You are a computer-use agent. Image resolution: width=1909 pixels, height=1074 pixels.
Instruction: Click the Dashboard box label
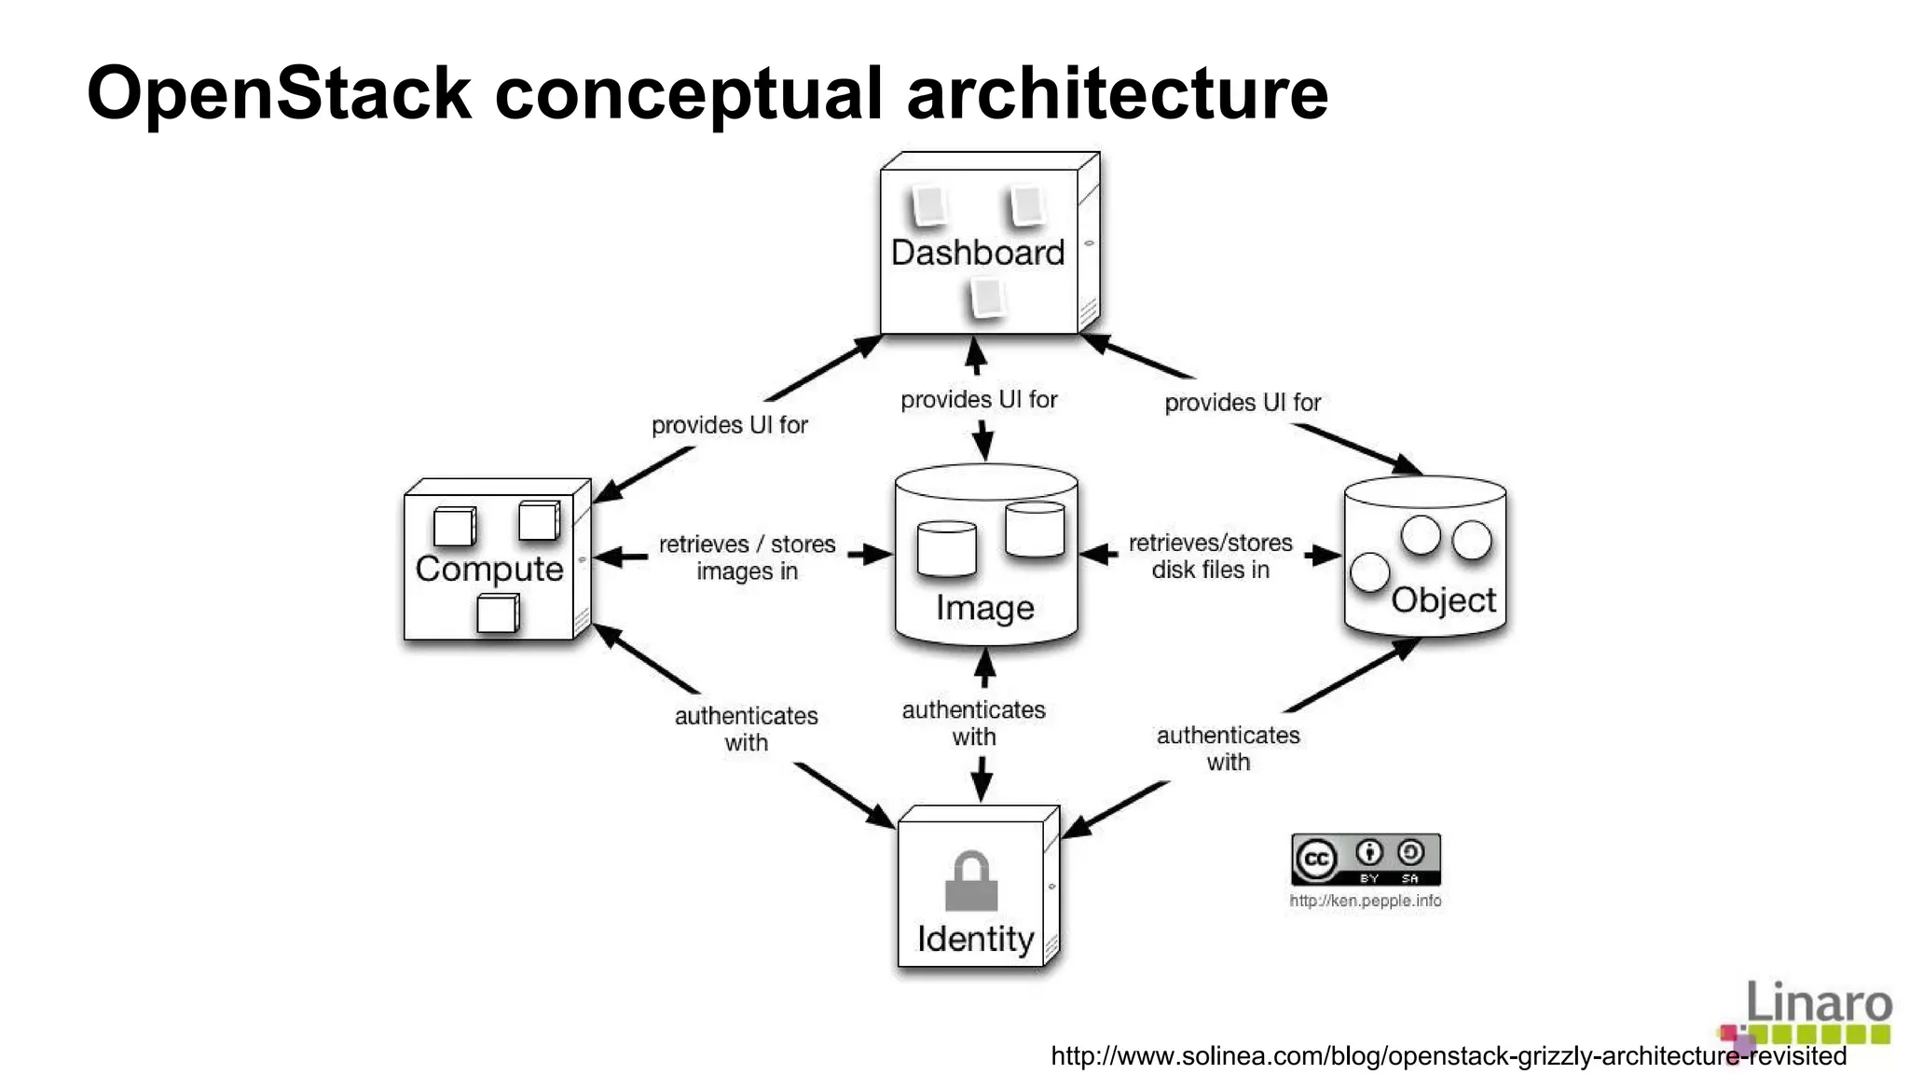[977, 253]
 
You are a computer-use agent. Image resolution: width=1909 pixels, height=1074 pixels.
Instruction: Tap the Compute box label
[489, 569]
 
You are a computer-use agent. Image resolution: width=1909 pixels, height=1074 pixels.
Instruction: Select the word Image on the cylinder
[985, 608]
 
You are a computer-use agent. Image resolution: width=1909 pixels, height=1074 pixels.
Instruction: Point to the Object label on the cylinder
[1443, 600]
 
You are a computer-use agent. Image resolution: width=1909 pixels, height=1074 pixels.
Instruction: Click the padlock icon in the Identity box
[971, 881]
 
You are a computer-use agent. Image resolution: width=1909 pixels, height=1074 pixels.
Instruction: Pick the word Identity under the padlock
[975, 939]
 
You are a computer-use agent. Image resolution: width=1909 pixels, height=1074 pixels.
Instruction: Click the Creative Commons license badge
[1366, 860]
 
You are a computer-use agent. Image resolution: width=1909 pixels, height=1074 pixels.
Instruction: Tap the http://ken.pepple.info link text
[1365, 901]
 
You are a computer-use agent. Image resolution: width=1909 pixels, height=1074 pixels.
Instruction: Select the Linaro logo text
[1818, 1003]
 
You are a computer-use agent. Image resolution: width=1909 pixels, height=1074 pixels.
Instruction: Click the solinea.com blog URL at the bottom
[1448, 1056]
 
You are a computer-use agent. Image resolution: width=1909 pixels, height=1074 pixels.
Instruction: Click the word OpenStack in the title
[279, 93]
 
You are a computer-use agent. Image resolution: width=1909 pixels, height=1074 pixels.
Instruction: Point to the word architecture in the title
[1117, 93]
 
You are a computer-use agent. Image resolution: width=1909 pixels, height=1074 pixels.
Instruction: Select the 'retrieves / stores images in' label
[747, 558]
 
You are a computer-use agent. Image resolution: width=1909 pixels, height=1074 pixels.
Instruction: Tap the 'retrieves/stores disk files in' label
[1210, 556]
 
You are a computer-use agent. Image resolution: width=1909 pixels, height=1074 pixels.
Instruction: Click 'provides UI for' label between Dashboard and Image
[979, 400]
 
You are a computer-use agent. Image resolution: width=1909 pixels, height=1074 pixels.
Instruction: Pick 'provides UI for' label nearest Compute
[729, 425]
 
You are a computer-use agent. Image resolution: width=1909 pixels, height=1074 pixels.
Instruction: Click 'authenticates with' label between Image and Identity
[973, 723]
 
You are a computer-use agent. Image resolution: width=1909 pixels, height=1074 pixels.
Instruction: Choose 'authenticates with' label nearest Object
[1228, 749]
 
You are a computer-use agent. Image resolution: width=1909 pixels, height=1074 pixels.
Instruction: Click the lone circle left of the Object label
[1369, 572]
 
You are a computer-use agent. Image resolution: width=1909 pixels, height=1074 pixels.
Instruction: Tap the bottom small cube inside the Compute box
[497, 614]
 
